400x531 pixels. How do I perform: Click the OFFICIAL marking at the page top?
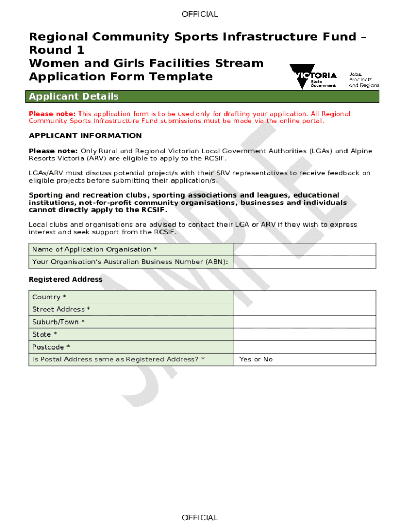click(200, 14)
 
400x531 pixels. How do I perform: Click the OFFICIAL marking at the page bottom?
click(200, 518)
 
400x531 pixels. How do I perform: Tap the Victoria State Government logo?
click(313, 76)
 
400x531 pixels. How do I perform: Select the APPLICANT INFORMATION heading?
click(85, 136)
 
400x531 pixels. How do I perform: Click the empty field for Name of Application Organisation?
click(304, 249)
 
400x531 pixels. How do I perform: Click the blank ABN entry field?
click(304, 262)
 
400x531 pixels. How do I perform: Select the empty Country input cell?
click(304, 297)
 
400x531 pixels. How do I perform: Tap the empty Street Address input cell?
click(304, 310)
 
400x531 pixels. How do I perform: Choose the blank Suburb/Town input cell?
click(304, 322)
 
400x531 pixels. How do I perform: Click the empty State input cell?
click(304, 334)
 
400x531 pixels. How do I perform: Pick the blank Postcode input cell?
click(304, 347)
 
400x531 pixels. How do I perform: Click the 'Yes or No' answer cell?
click(256, 359)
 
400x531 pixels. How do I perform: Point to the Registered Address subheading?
click(65, 280)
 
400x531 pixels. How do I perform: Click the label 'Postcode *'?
click(51, 347)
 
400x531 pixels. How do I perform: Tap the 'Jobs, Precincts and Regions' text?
click(364, 79)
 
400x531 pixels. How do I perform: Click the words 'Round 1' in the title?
click(57, 50)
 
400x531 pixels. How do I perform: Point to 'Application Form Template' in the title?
click(121, 77)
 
